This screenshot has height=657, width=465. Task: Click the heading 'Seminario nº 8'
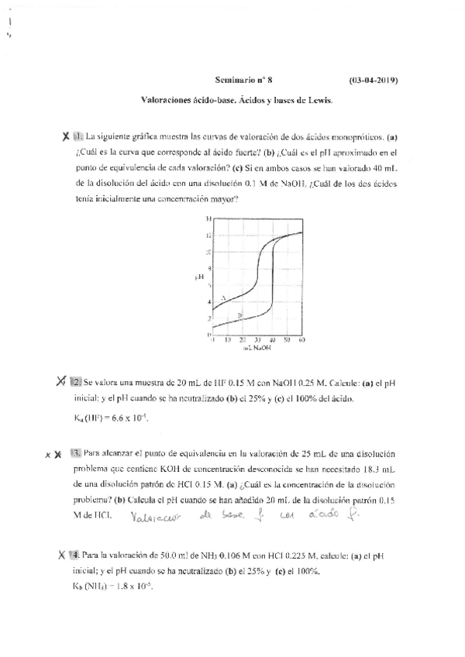point(243,79)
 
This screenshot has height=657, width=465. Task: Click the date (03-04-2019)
point(374,79)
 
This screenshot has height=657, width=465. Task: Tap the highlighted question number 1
point(77,136)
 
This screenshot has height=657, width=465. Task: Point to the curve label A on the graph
point(223,298)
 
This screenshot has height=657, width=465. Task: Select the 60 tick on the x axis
point(301,340)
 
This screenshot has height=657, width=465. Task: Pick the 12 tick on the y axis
point(208,235)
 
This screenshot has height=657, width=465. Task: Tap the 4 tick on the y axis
point(208,301)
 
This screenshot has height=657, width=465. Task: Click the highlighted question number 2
point(76,381)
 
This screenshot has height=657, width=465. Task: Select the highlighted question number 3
point(75,453)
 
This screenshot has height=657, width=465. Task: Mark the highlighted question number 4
point(74,555)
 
